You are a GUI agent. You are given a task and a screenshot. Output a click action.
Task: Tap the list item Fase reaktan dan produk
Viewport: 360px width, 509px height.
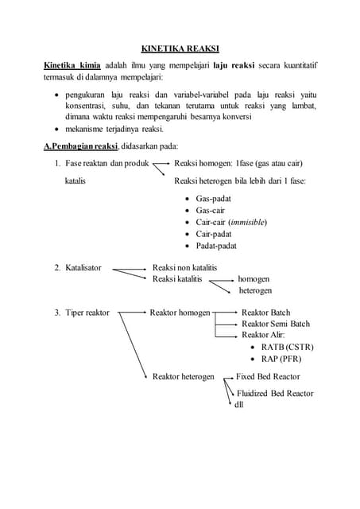107,164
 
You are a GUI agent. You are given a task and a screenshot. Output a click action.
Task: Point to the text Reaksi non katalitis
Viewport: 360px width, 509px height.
184,267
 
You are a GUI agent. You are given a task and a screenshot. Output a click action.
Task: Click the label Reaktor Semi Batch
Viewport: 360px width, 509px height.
276,324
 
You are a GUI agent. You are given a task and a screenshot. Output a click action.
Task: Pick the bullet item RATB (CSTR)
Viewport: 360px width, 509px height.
288,347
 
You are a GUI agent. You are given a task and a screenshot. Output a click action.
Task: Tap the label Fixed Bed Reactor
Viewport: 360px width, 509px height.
268,376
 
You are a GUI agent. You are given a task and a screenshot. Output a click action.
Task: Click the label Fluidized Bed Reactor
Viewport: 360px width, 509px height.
275,394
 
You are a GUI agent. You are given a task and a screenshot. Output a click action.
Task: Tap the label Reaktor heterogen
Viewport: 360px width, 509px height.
184,376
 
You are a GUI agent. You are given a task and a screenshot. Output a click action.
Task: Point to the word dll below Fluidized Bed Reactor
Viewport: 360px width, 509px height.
238,405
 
